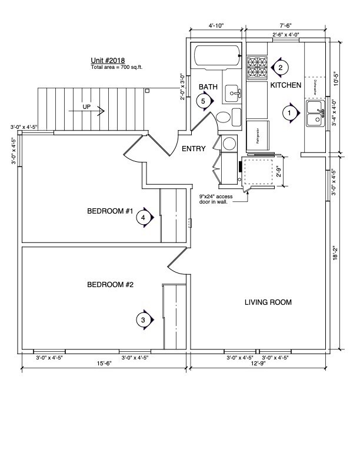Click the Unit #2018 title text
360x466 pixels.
(x=107, y=61)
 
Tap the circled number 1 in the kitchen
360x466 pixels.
(x=289, y=111)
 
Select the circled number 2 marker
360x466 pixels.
(x=281, y=67)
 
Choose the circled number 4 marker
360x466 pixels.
(x=144, y=218)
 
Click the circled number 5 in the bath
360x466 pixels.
(x=204, y=101)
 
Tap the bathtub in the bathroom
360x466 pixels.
(x=218, y=56)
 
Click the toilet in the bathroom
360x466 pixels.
(x=225, y=117)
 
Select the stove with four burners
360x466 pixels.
(x=256, y=67)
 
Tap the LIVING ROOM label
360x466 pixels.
(x=268, y=302)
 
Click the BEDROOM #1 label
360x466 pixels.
(x=111, y=211)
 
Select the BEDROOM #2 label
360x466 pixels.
(x=111, y=285)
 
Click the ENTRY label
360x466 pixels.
(x=193, y=149)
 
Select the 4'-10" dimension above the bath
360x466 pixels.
(x=216, y=26)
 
